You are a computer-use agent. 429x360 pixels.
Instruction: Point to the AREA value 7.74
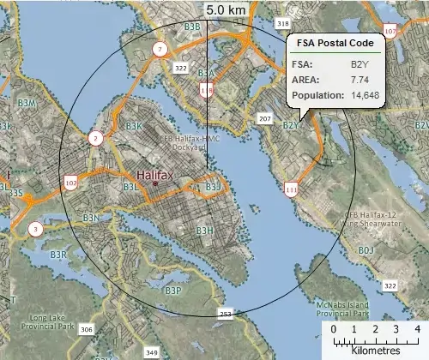[x=358, y=79]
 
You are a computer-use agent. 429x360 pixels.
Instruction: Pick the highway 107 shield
[x=390, y=32]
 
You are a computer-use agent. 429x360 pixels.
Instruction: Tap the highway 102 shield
[x=69, y=183]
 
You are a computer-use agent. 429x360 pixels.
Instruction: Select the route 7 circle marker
[x=160, y=49]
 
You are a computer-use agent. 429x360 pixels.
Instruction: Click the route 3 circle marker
[x=35, y=229]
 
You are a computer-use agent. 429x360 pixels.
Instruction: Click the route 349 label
[x=152, y=352]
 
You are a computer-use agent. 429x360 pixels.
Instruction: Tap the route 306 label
[x=86, y=329]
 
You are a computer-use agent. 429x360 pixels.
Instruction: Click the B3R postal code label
[x=58, y=255]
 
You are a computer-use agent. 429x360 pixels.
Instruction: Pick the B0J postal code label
[x=366, y=249]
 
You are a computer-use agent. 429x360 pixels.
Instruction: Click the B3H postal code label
[x=204, y=231]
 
